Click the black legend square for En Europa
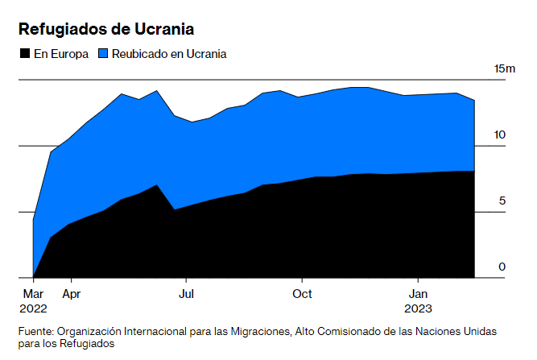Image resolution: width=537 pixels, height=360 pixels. click(x=24, y=54)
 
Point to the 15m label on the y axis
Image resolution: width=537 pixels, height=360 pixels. click(x=504, y=68)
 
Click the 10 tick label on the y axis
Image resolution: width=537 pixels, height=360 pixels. click(x=500, y=134)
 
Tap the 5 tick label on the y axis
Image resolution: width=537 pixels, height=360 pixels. click(x=502, y=201)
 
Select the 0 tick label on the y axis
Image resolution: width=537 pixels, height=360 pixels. click(x=502, y=267)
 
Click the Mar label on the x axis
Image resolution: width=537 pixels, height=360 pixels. click(x=32, y=293)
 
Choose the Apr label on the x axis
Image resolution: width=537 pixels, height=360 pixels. click(x=71, y=293)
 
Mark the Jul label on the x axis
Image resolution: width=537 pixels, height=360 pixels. click(x=186, y=293)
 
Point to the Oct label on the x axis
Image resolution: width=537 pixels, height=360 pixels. click(x=302, y=293)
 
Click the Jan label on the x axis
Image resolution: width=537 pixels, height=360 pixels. click(x=419, y=293)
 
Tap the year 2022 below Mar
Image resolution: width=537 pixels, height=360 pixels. click(x=34, y=308)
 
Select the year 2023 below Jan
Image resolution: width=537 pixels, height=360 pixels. click(x=419, y=308)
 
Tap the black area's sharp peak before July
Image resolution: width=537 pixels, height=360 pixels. click(x=157, y=185)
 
